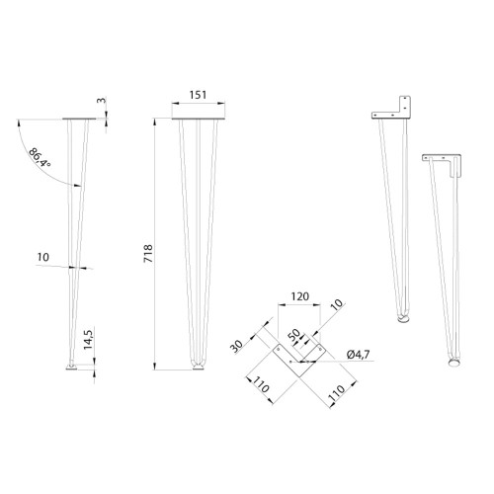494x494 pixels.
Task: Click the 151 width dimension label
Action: (199, 95)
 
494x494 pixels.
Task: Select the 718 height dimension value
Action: (148, 254)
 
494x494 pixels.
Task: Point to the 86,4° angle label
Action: (40, 157)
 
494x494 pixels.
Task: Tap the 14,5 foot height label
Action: (88, 339)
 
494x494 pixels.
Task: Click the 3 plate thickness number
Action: (102, 100)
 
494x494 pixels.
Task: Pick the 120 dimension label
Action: (300, 296)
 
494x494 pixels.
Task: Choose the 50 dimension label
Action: (294, 335)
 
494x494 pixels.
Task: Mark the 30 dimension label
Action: (236, 346)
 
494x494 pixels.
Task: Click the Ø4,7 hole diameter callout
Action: (358, 355)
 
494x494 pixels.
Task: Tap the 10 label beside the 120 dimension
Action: (336, 304)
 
